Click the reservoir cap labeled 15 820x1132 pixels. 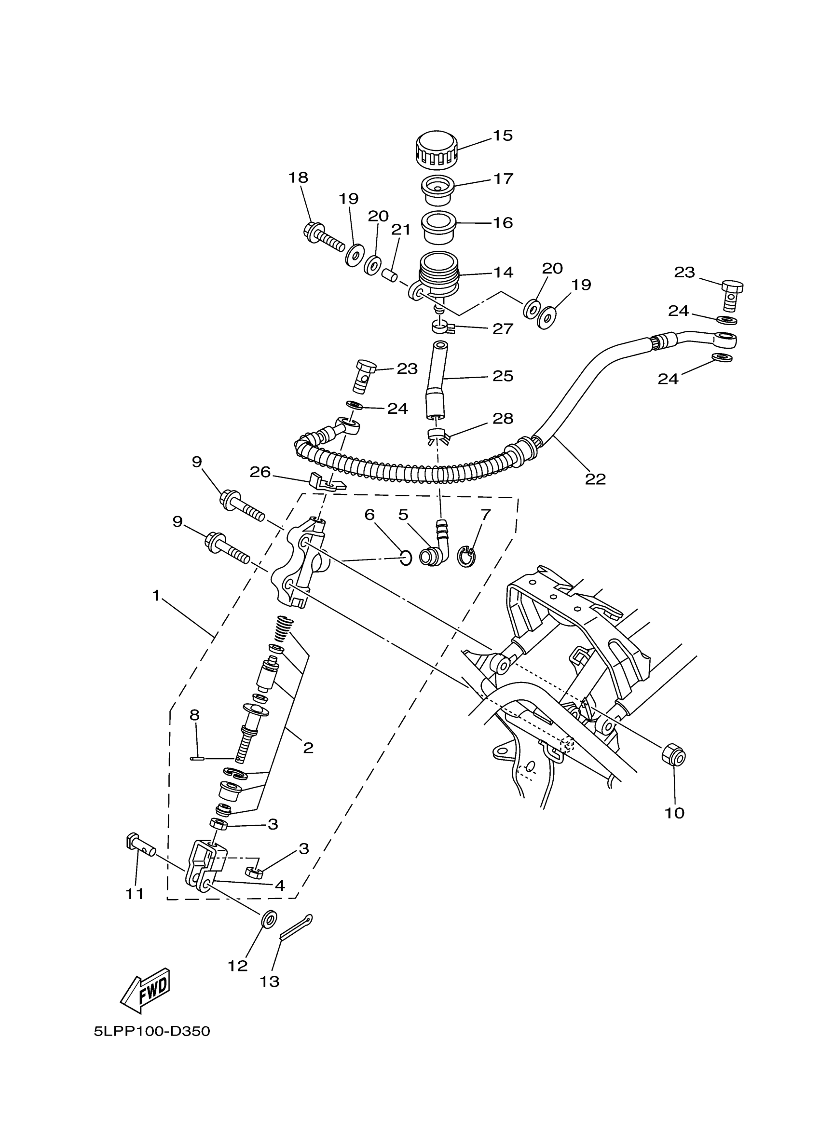pos(436,148)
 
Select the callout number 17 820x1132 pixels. pos(503,178)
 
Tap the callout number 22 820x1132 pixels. pos(595,479)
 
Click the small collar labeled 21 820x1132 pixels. pos(389,274)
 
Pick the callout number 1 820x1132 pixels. pos(156,596)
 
